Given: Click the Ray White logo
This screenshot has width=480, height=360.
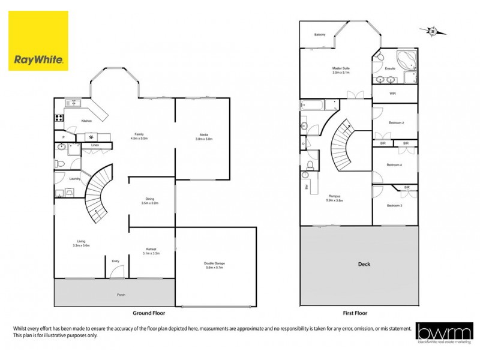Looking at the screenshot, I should click(x=38, y=41).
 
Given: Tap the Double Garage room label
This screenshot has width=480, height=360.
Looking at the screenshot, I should click(x=214, y=264).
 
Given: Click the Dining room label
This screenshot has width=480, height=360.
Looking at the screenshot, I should click(x=150, y=200).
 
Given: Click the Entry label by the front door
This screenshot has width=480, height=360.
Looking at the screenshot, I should click(x=116, y=261).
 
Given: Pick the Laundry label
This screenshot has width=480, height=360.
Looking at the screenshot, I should click(x=75, y=179).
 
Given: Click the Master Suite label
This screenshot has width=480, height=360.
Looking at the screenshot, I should click(x=341, y=69).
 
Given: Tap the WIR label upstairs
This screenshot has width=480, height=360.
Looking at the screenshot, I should click(x=392, y=94).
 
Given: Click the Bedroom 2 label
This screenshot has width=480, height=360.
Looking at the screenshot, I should click(x=396, y=122).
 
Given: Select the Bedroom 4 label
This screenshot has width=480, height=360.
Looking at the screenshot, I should click(x=394, y=165).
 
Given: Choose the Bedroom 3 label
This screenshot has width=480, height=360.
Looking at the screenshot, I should click(x=394, y=206).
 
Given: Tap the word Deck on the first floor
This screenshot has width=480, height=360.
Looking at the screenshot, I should click(x=364, y=264).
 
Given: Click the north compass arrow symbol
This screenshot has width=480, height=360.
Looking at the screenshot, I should click(x=430, y=31).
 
